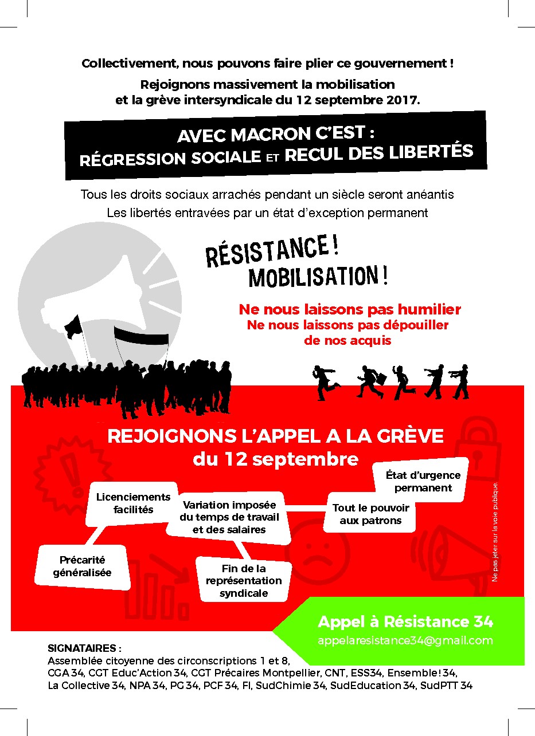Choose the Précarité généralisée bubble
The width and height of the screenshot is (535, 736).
[x=83, y=566]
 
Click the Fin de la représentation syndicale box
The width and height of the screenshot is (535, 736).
[x=244, y=580]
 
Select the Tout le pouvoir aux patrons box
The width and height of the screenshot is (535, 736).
[x=370, y=514]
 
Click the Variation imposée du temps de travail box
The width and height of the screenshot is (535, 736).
[x=229, y=517]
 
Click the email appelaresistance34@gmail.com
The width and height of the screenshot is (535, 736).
[x=405, y=640]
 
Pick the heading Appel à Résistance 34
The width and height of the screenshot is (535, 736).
[x=405, y=621]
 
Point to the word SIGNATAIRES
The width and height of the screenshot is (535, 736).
[x=84, y=649]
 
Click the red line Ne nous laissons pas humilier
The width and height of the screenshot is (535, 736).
[x=350, y=310]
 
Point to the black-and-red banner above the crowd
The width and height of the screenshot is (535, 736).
[x=140, y=338]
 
